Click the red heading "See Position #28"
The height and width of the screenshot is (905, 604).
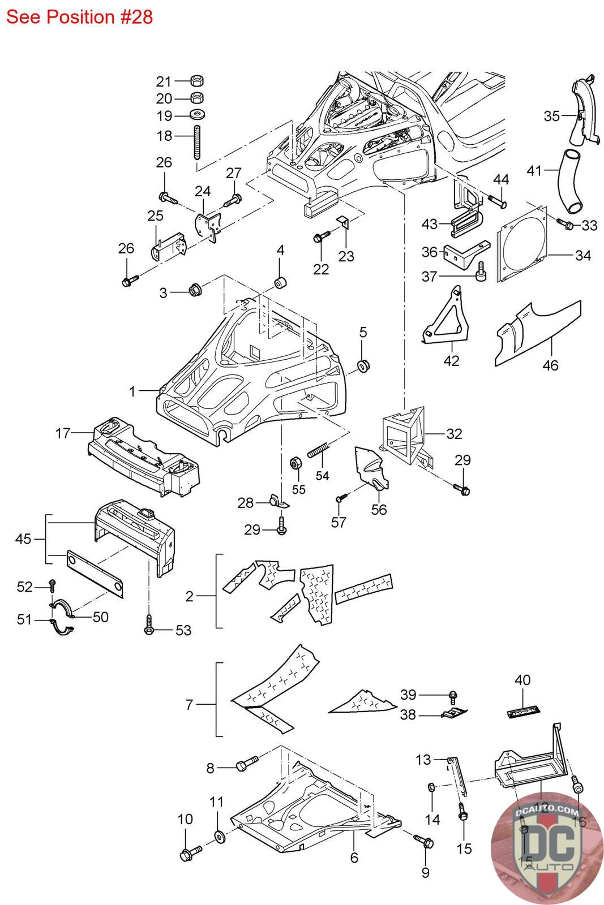[79, 17]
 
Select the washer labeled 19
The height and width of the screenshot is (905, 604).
[198, 115]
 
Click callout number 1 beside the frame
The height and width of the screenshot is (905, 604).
[132, 391]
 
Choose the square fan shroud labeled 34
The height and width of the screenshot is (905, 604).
[524, 249]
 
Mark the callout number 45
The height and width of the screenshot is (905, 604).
[23, 539]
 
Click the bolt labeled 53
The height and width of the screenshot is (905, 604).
[149, 627]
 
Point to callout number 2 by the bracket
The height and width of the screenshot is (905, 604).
[190, 596]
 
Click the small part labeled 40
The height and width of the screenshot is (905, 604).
[522, 712]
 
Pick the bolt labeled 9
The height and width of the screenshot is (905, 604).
[423, 841]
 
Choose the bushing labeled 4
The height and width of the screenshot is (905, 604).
[280, 282]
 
